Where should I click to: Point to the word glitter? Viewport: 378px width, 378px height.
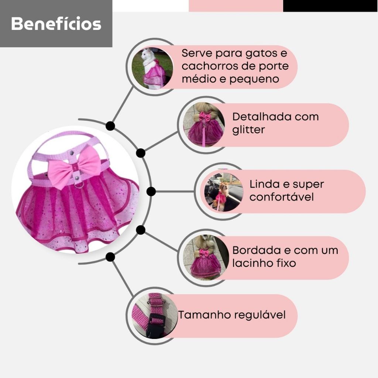[248, 130]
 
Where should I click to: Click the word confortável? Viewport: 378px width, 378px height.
[282, 197]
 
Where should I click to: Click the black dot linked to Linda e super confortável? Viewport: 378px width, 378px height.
[151, 191]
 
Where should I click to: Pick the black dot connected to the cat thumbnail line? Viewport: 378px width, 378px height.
[110, 126]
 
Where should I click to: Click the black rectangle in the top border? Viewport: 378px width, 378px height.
[330, 6]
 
